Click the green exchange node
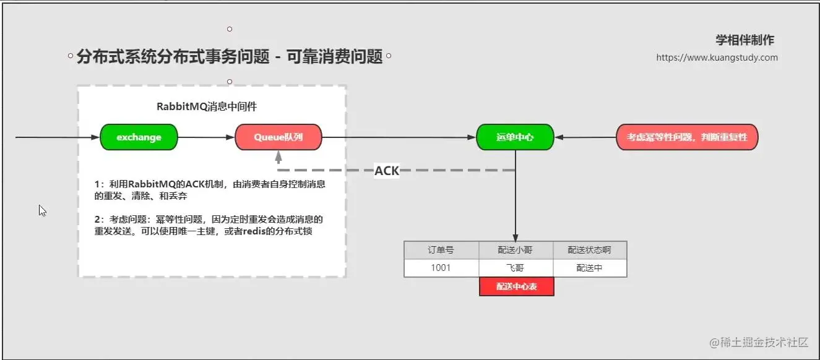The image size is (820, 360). (139, 137)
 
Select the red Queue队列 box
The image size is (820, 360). (278, 137)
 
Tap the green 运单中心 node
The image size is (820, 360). (515, 137)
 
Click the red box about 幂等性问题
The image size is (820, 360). (687, 137)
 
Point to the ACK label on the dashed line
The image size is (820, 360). (387, 171)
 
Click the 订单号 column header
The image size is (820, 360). (441, 250)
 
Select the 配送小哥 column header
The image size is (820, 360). (516, 250)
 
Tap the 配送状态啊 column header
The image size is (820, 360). (590, 250)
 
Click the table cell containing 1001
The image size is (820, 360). (441, 268)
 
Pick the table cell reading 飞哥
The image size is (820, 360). (516, 268)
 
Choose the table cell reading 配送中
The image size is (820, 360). (590, 268)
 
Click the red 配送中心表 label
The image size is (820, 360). (516, 287)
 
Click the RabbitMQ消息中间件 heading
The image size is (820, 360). (207, 106)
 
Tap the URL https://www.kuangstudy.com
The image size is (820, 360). (717, 58)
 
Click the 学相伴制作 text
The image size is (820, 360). (744, 40)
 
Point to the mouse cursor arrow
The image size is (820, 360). (42, 210)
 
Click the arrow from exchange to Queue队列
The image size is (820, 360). (206, 137)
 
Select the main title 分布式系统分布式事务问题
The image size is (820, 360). (230, 57)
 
